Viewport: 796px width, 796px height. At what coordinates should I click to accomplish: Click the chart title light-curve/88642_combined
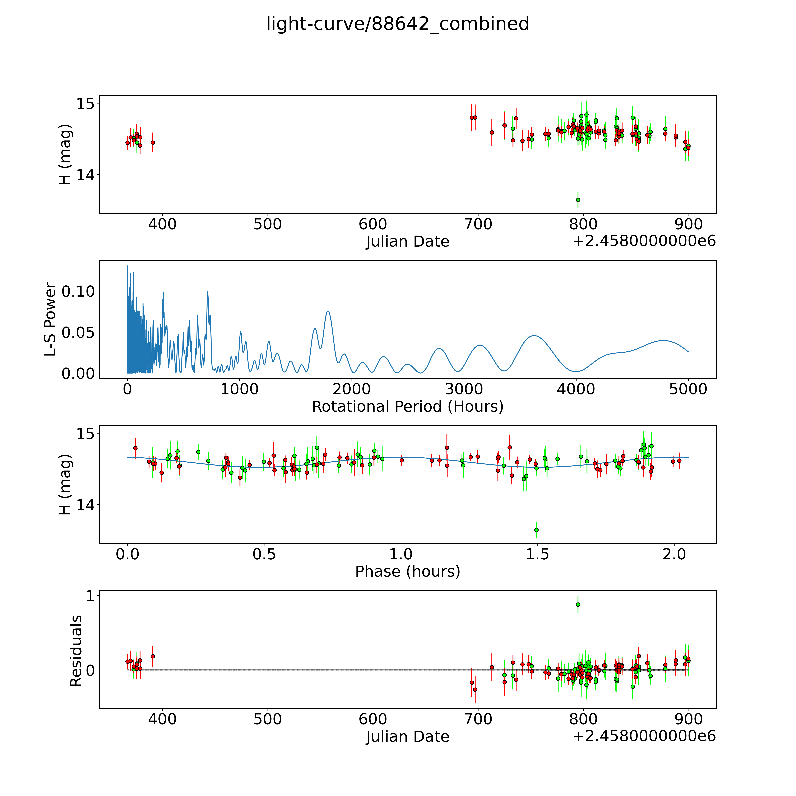pyautogui.click(x=398, y=24)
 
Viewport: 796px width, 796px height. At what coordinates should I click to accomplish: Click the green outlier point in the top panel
pyautogui.click(x=578, y=200)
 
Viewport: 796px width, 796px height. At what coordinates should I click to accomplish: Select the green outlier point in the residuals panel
pyautogui.click(x=578, y=604)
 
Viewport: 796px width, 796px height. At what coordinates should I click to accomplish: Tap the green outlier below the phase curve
pyautogui.click(x=536, y=530)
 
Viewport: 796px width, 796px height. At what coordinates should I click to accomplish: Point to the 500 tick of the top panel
pyautogui.click(x=268, y=225)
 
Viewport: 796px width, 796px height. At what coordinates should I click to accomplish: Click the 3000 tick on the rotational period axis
pyautogui.click(x=464, y=389)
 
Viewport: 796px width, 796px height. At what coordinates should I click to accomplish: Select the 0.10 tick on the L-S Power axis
pyautogui.click(x=78, y=291)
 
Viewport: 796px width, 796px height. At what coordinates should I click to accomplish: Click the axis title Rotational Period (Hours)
pyautogui.click(x=407, y=407)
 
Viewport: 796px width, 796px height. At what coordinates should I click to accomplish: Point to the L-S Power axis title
pyautogui.click(x=50, y=319)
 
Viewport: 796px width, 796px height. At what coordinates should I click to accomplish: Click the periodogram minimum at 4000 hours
pyautogui.click(x=576, y=372)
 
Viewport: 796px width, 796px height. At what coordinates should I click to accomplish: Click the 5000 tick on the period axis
pyautogui.click(x=688, y=389)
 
